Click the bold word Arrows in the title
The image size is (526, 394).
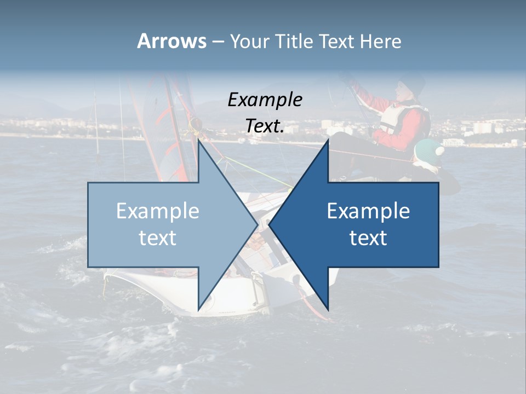(171, 41)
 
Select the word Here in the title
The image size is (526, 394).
(380, 41)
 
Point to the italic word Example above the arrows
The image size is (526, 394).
(265, 100)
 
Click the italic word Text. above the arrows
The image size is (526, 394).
(265, 126)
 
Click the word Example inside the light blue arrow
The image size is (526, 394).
(158, 211)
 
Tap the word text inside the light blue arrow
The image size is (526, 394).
(158, 238)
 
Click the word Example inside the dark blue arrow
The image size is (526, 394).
(368, 211)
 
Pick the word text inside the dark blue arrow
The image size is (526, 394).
(368, 238)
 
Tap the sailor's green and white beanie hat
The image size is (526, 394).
(428, 150)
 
